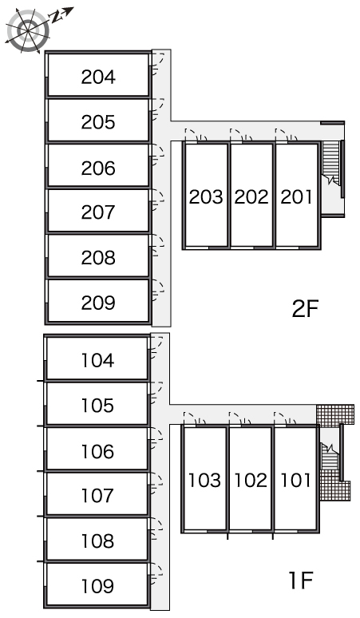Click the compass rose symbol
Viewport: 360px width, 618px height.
pos(28,30)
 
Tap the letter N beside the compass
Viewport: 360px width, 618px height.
pos(57,16)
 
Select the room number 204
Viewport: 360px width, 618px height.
pos(98,77)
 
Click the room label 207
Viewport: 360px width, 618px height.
pos(98,212)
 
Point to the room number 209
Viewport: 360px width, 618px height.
pos(98,303)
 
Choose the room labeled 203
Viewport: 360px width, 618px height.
pos(206,196)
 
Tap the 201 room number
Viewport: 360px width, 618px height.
pos(296,196)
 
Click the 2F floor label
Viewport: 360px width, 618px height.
pos(305,309)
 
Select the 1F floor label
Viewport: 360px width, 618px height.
pos(301,580)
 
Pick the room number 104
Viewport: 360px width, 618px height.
pos(97,360)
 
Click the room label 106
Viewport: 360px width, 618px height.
pos(97,451)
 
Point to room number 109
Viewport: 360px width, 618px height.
pos(97,586)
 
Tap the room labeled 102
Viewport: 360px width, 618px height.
pos(251,480)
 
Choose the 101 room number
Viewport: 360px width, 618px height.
pos(296,480)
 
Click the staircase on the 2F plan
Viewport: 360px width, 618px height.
pos(330,162)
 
